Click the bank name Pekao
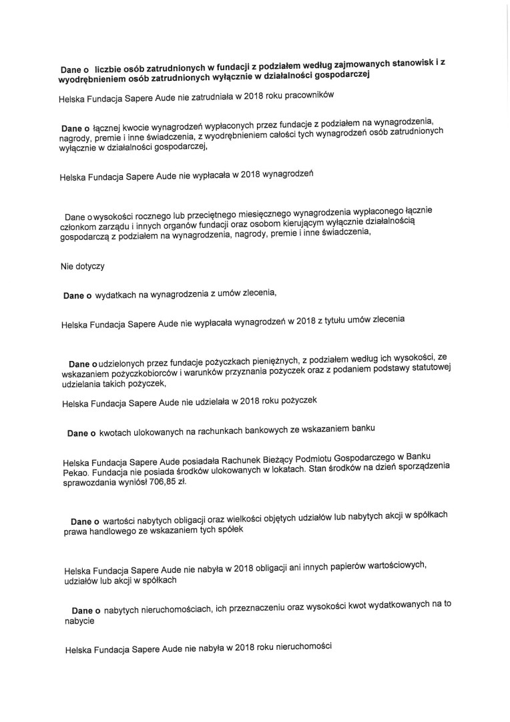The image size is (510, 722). [77, 473]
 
